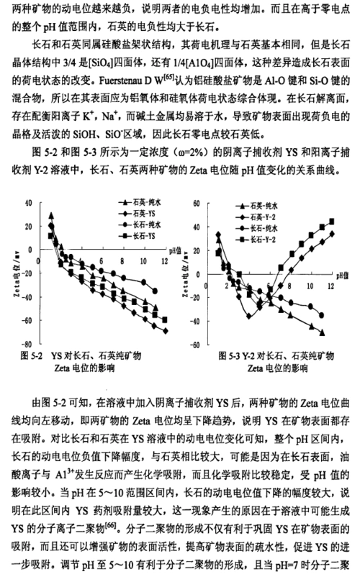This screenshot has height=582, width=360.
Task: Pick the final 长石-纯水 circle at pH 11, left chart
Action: click(x=157, y=291)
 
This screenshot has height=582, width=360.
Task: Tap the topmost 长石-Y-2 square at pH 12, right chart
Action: click(x=332, y=221)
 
